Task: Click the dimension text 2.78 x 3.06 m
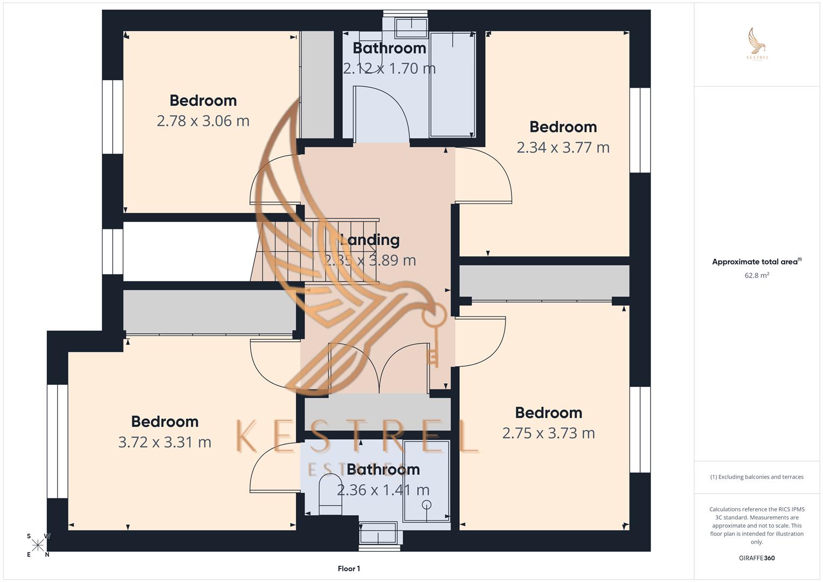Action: (x=203, y=121)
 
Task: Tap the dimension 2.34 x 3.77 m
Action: (x=563, y=147)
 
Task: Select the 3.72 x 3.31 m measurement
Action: (x=164, y=442)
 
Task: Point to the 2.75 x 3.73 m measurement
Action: (x=548, y=433)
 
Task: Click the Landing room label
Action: (x=370, y=240)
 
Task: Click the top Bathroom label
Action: (x=389, y=48)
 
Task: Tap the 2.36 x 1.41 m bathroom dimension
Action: (x=383, y=490)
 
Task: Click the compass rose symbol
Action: (x=38, y=545)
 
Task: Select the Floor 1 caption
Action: (x=349, y=569)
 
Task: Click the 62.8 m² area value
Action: (x=757, y=275)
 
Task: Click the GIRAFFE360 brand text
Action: (x=757, y=558)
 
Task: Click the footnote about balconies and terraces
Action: (x=757, y=477)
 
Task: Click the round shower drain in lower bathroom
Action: (x=426, y=505)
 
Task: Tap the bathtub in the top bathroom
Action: (x=452, y=84)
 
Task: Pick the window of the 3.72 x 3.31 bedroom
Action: (x=57, y=441)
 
